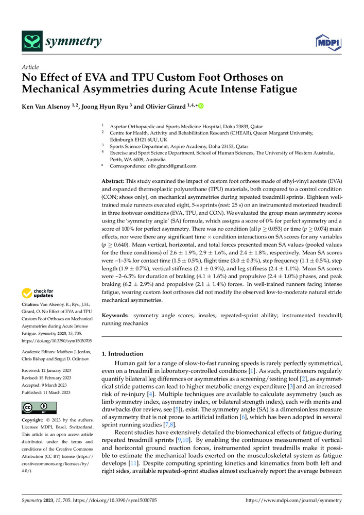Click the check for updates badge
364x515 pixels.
[38, 294]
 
